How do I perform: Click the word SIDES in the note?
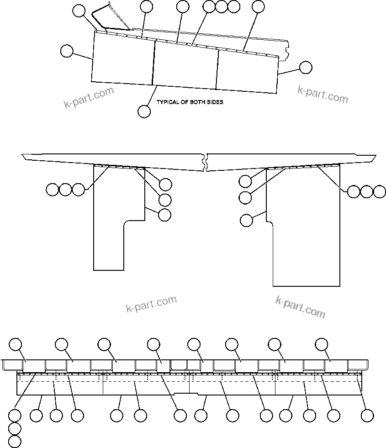point(215,102)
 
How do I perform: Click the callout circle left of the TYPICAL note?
point(144,111)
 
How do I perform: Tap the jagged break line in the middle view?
point(206,162)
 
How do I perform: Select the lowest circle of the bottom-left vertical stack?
point(15,441)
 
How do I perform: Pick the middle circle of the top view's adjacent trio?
point(221,6)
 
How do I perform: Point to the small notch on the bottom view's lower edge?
point(183,393)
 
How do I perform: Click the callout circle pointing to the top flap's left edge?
point(67,51)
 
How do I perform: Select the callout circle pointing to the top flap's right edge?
point(306,68)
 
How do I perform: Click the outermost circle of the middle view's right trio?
point(380,192)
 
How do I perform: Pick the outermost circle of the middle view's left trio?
point(53,189)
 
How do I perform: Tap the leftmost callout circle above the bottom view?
point(16,344)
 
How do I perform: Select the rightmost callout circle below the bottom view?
point(367,416)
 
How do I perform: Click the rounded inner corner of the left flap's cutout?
point(126,223)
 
